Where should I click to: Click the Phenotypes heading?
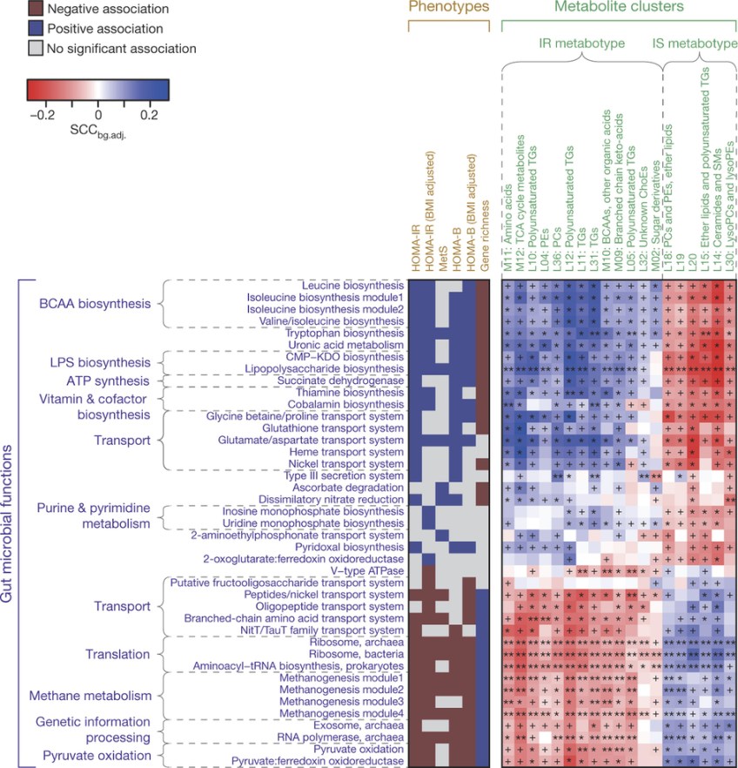[448, 8]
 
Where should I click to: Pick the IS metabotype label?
[694, 42]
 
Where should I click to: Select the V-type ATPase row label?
[368, 570]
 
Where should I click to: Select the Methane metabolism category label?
[84, 696]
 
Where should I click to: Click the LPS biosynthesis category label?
[84, 361]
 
